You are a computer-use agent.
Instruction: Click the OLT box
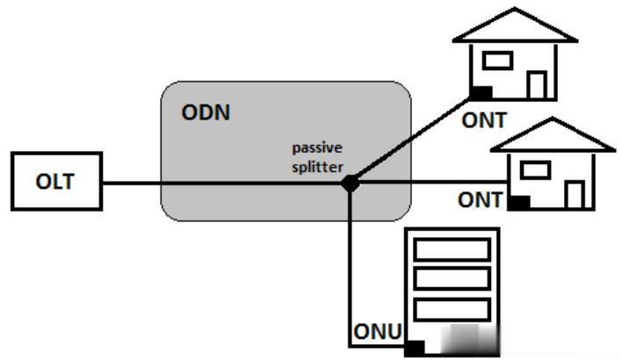point(56,183)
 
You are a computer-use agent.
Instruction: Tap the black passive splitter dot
point(350,183)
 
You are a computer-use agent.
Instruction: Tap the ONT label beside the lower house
point(480,200)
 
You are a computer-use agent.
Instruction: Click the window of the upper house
point(498,61)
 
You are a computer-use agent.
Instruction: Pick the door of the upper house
point(538,84)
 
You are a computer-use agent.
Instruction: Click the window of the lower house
point(536,167)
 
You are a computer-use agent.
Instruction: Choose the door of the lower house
point(575,193)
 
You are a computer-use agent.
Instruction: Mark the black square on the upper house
point(480,91)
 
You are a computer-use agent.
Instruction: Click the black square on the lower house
point(519,202)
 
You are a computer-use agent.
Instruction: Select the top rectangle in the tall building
point(451,249)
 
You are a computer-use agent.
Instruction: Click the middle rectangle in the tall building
point(451,279)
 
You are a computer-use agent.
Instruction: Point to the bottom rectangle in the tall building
point(451,310)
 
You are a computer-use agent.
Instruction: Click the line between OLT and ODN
point(131,183)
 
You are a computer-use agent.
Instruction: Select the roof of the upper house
point(514,26)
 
